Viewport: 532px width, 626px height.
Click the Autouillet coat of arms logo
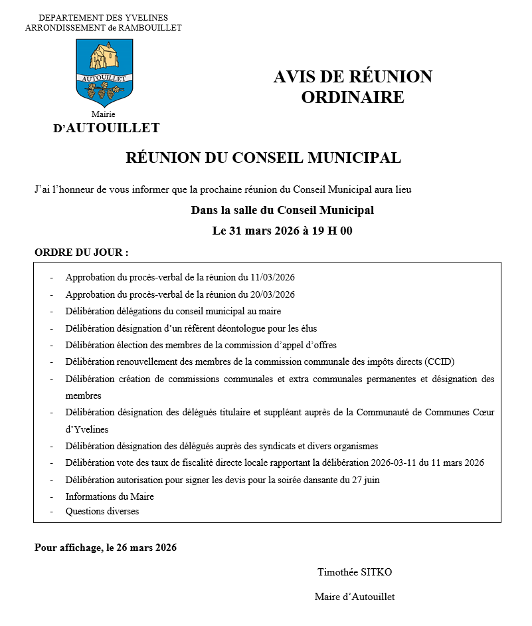click(x=104, y=72)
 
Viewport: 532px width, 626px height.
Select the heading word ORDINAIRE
click(x=353, y=97)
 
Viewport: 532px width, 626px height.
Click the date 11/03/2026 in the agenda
click(x=272, y=277)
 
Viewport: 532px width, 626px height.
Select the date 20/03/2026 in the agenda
click(x=272, y=294)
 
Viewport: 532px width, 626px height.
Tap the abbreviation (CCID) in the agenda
click(x=440, y=362)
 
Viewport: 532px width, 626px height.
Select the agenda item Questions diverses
click(x=102, y=512)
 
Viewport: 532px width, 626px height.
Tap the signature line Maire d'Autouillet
click(x=355, y=597)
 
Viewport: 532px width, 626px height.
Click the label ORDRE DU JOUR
click(x=81, y=253)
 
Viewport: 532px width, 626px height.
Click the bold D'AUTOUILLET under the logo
click(x=106, y=128)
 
